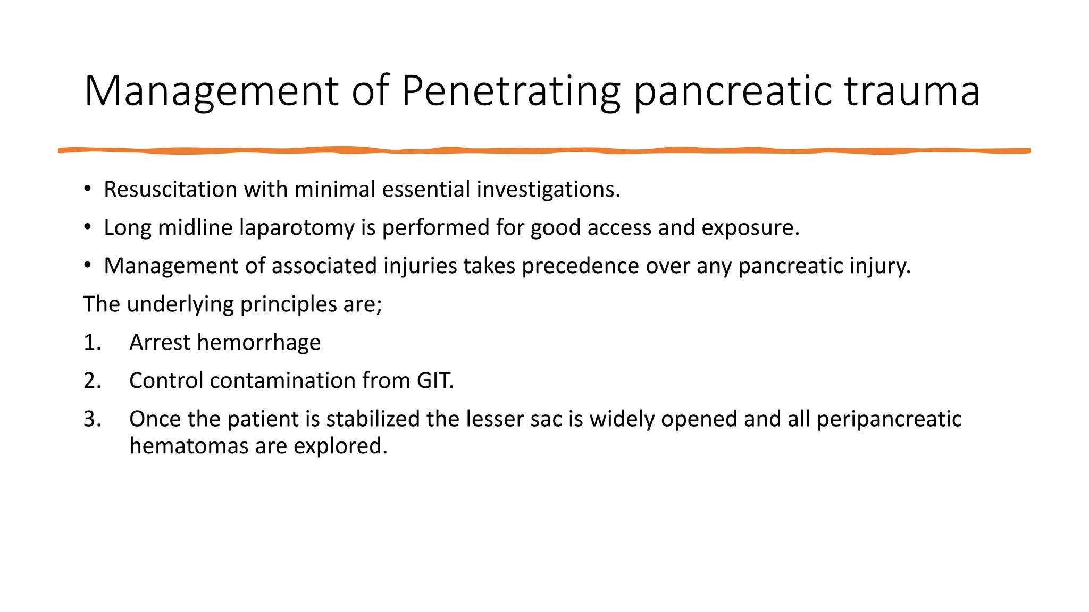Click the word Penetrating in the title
510,91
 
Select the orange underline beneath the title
544,151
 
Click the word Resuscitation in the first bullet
170,190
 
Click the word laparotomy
296,228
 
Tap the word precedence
580,266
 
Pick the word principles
288,304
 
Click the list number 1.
91,343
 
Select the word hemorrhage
258,343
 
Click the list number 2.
91,381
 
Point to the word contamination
282,381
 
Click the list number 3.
91,419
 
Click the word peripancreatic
889,420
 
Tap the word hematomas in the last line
189,446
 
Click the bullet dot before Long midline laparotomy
88,227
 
